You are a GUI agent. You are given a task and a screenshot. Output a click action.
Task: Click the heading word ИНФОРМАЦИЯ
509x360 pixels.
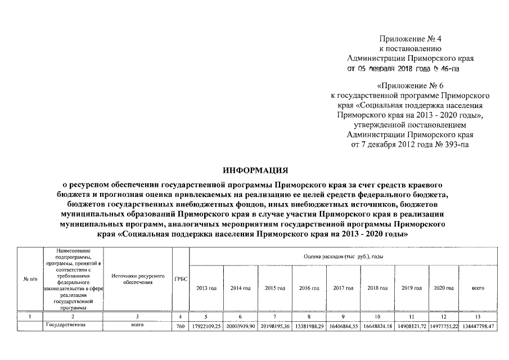[255, 169]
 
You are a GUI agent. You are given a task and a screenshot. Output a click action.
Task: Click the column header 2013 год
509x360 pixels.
[206, 288]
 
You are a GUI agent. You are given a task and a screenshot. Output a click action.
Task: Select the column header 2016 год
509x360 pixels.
[309, 288]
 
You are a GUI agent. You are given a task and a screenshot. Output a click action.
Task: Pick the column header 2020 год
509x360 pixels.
[444, 288]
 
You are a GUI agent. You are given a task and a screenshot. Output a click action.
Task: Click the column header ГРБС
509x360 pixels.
[181, 279]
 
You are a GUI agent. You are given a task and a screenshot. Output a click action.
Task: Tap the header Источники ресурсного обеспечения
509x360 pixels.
[138, 279]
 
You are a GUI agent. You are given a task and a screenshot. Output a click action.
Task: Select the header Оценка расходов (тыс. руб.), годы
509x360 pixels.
[343, 256]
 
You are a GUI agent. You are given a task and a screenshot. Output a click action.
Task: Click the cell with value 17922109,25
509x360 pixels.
[206, 326]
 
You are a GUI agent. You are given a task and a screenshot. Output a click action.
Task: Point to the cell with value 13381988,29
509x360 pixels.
[309, 326]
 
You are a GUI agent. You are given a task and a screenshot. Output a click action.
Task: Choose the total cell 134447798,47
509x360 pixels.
[479, 326]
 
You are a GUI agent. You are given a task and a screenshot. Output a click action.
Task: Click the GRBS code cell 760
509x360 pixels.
[181, 326]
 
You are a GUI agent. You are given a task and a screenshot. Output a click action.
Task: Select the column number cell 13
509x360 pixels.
[478, 317]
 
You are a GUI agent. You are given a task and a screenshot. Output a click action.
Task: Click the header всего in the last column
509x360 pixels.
[478, 288]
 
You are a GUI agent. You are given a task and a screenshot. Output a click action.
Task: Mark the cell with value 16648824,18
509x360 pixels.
[377, 326]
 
